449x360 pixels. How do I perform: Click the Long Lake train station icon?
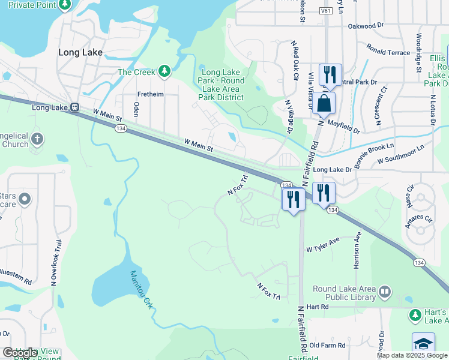[74, 107]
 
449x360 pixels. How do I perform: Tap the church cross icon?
[37, 140]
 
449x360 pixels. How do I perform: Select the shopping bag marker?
[324, 103]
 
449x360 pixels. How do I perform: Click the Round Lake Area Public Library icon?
[384, 292]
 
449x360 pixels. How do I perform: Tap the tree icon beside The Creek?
[164, 72]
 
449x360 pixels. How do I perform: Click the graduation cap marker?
[423, 344]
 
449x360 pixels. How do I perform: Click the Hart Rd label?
[318, 307]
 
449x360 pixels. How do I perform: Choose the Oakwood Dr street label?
[366, 26]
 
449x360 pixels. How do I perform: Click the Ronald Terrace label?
[388, 53]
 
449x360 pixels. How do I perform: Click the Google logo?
[20, 353]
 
